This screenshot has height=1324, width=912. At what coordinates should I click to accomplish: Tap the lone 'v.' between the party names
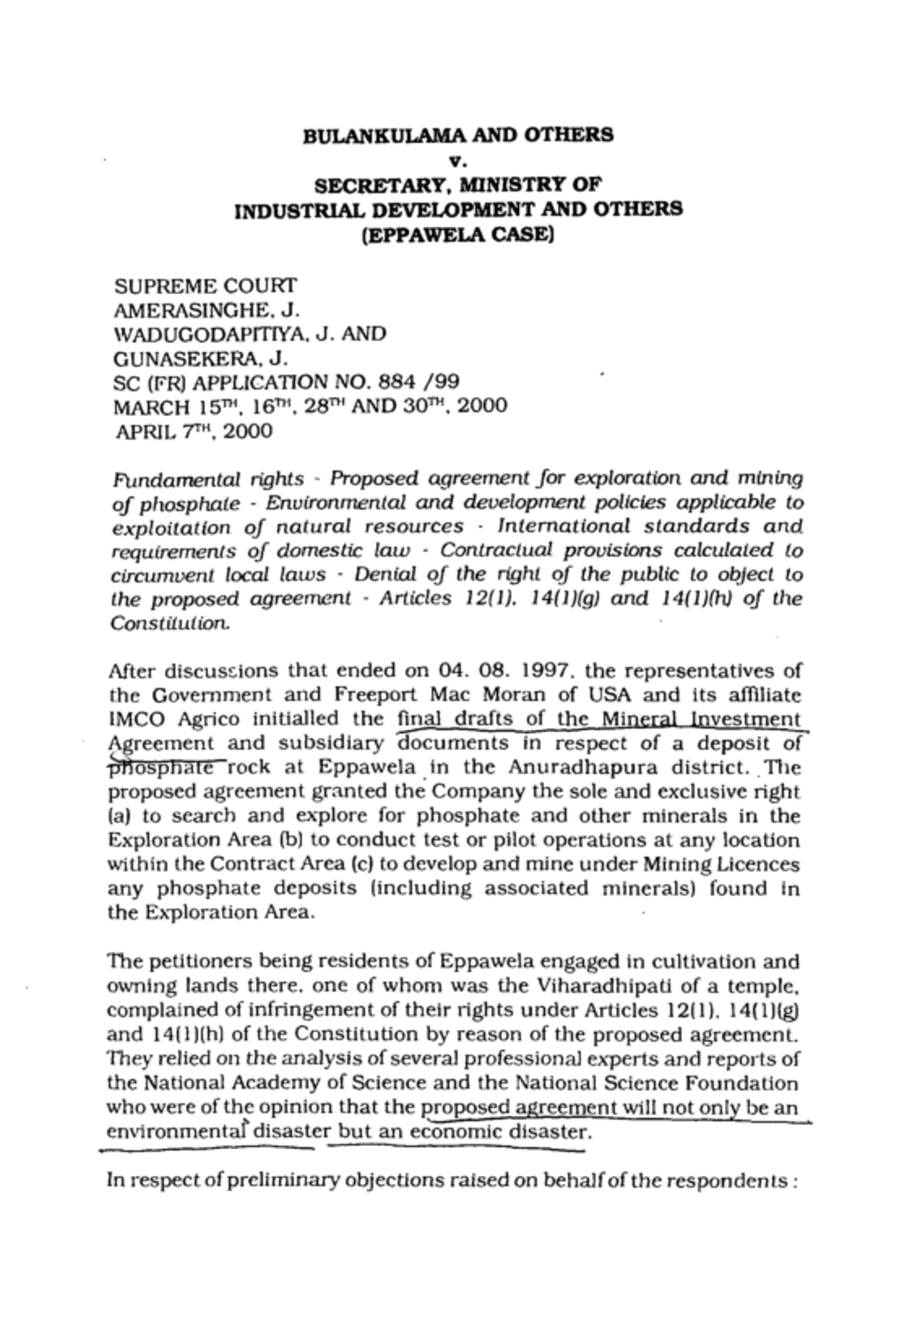point(457,160)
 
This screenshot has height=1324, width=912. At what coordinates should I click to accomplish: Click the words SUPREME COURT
point(205,286)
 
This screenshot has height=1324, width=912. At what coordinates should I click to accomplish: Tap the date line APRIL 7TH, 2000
point(193,432)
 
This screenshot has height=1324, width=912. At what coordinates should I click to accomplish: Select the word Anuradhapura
point(575,768)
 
